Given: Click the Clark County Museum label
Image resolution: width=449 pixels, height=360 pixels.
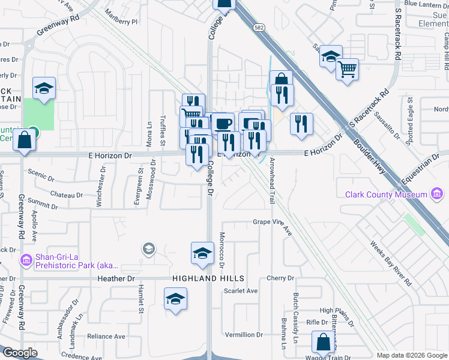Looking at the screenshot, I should click(x=386, y=194).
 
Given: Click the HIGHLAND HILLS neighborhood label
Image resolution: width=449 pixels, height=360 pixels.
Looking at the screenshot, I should click(x=208, y=278).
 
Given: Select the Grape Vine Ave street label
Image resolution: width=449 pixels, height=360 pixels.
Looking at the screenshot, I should click(x=271, y=225).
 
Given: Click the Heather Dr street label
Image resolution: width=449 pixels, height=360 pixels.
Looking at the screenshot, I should click(x=115, y=278).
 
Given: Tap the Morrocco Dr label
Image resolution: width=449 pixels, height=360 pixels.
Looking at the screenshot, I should click(x=221, y=249).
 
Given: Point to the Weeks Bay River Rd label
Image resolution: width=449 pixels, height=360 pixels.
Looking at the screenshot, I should click(x=391, y=263).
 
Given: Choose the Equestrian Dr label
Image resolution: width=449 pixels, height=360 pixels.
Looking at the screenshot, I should click(x=423, y=166).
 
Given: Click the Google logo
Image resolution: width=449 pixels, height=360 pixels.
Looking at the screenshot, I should click(x=20, y=353).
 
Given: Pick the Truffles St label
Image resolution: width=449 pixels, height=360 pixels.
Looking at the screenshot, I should click(x=162, y=131).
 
